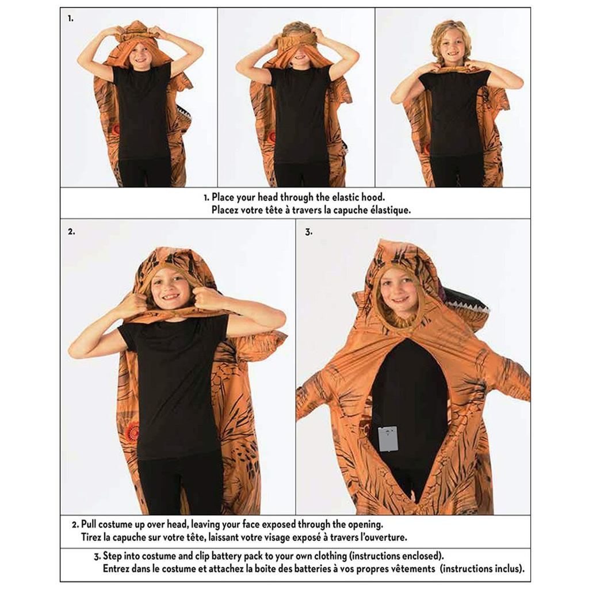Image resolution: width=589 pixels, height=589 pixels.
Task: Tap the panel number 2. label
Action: pos(71,232)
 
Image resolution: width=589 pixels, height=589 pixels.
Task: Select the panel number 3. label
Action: pos(308,232)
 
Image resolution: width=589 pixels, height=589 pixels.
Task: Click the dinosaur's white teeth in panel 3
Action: pos(467,301)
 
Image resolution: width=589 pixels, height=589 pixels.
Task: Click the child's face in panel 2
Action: pos(170,289)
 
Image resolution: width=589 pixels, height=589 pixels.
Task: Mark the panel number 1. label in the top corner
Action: pos(71,18)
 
